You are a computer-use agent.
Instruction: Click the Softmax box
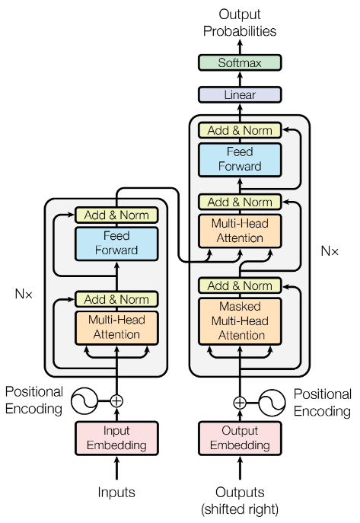point(240,63)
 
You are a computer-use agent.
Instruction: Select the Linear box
point(240,95)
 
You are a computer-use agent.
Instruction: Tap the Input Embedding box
point(116,438)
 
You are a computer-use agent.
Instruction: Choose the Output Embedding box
point(240,438)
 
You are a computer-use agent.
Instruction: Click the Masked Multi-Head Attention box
point(240,320)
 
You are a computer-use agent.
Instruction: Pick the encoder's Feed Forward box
point(116,243)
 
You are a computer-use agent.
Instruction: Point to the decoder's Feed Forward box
point(240,159)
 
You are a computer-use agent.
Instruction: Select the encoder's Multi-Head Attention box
point(116,327)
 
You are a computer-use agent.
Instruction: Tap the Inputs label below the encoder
point(116,493)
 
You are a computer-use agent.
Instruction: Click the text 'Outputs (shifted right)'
point(240,499)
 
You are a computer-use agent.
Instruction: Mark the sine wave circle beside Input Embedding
point(84,400)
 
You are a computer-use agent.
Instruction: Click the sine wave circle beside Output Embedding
point(272,402)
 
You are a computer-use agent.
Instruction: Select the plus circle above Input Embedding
point(116,400)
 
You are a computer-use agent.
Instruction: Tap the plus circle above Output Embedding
point(240,402)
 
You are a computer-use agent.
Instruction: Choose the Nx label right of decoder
point(329,250)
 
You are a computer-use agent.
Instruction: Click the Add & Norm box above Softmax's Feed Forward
point(240,130)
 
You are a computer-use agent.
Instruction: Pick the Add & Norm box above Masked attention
point(240,285)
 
